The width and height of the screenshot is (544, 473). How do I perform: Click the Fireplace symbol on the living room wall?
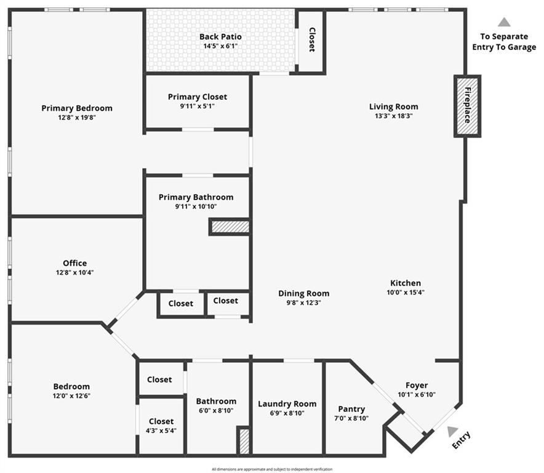click(467, 106)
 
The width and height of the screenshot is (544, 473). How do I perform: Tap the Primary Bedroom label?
click(77, 108)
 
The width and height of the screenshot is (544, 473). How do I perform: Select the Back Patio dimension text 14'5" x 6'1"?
click(220, 46)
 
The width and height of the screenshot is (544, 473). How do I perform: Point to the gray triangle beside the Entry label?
click(453, 431)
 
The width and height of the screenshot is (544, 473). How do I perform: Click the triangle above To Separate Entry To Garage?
click(504, 22)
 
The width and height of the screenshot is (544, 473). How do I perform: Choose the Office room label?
click(74, 263)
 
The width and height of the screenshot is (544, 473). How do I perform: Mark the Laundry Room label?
click(287, 404)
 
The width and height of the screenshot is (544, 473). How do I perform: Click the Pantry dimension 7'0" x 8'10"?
click(351, 418)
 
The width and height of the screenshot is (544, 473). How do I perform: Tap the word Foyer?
click(417, 386)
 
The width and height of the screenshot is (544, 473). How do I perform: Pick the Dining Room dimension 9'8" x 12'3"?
click(303, 302)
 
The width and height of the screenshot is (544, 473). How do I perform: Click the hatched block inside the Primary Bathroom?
click(230, 227)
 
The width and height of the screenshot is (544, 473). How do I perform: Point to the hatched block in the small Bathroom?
click(244, 440)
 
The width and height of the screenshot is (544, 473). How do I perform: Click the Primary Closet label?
click(197, 97)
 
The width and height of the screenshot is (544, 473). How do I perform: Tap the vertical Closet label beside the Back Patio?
click(311, 40)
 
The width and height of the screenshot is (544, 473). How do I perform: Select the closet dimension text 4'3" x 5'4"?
click(161, 431)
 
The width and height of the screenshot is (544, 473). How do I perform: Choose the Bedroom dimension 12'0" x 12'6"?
click(71, 396)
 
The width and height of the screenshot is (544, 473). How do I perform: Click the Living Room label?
click(393, 107)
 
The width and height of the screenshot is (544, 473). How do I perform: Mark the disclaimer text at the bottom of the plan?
click(271, 469)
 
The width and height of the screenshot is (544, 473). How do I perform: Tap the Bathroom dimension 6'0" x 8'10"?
click(216, 411)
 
